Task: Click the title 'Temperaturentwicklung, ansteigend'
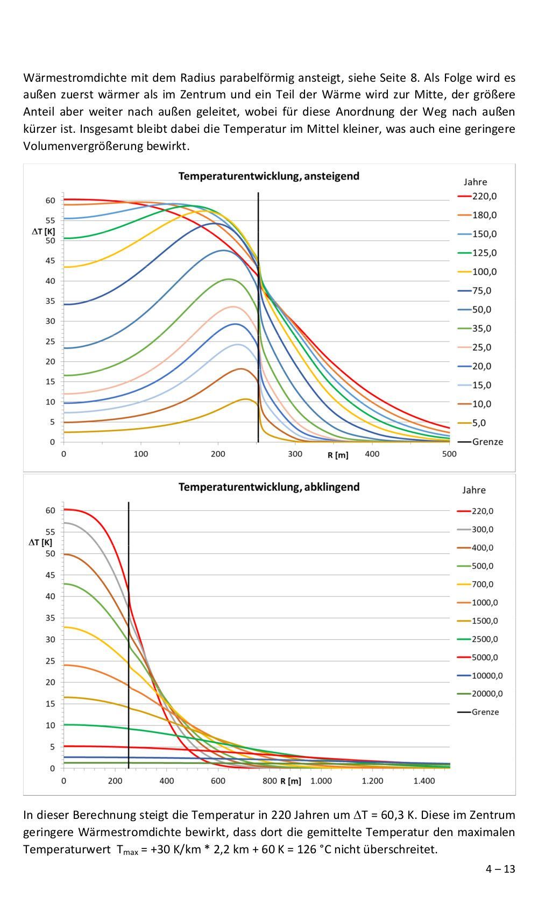[x=268, y=176]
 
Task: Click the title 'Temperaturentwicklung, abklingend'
[x=268, y=487]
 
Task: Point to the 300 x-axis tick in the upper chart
[x=295, y=454]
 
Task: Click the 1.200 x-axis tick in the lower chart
[x=372, y=781]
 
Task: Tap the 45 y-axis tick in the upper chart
[x=50, y=261]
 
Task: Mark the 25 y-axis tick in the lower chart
[x=50, y=661]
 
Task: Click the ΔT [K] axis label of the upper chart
[x=43, y=231]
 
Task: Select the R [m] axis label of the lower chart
[x=291, y=781]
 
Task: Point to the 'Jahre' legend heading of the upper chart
[x=475, y=182]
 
